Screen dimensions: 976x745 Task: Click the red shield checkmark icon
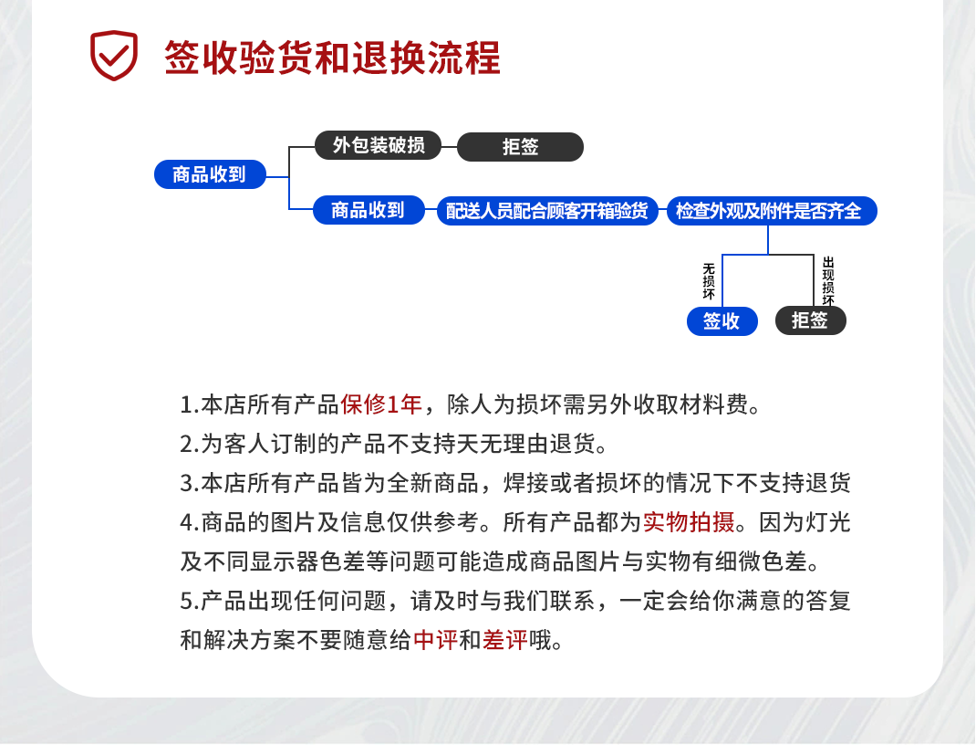[114, 55]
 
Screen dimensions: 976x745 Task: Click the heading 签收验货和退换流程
[332, 58]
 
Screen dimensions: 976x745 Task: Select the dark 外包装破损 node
[378, 145]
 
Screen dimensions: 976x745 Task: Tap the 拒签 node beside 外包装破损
[520, 147]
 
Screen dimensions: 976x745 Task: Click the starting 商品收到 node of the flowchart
[210, 174]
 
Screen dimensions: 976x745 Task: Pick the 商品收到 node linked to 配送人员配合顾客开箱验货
[369, 210]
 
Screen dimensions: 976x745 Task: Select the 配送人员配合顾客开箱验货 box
[547, 211]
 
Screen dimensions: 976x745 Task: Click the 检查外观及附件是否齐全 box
[772, 211]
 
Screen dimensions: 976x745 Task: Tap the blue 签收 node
[722, 321]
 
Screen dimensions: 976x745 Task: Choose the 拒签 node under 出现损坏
[810, 320]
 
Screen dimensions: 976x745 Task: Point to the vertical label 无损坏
[709, 281]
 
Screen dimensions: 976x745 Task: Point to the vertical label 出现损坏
[828, 280]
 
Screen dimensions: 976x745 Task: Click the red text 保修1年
[381, 404]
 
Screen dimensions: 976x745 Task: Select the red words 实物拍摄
[689, 522]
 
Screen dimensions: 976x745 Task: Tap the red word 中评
[435, 640]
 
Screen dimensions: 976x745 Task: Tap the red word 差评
[504, 640]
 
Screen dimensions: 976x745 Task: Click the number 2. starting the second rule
[189, 444]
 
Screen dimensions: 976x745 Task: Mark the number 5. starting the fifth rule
[189, 601]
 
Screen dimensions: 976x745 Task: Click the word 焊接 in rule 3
[526, 483]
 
